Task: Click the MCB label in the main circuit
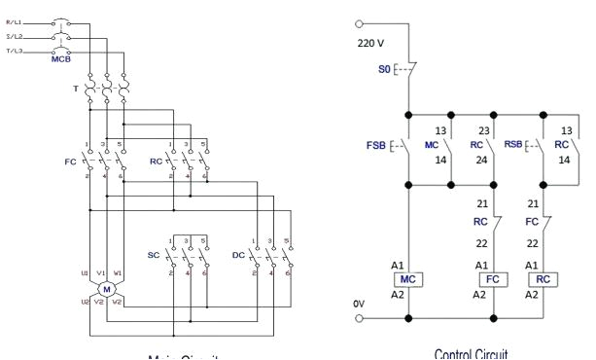(61, 59)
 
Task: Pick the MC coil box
(407, 277)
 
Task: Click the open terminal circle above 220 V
(361, 23)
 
